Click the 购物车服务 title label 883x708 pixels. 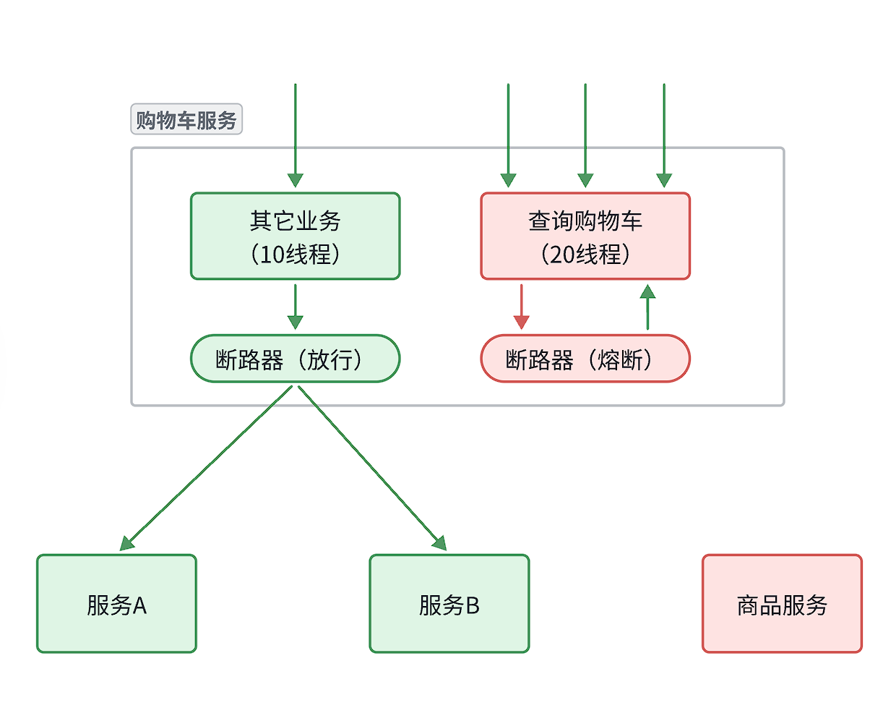tap(186, 120)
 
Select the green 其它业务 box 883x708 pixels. tap(295, 236)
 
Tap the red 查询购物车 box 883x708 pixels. tap(585, 236)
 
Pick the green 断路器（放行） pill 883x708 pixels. tap(295, 359)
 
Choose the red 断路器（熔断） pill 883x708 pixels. tap(585, 359)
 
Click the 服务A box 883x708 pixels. tap(116, 604)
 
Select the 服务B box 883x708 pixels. tap(449, 604)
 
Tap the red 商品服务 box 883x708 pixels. tap(782, 604)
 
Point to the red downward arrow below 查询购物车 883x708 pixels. tap(521, 307)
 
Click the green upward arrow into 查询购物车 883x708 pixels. tap(647, 307)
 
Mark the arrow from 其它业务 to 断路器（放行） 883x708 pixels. tap(295, 307)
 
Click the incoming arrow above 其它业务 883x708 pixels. tap(295, 134)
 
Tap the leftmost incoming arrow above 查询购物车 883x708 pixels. tap(508, 134)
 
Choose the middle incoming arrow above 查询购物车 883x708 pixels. tap(585, 134)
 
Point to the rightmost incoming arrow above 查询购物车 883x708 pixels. tap(664, 134)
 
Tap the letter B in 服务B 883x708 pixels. tap(472, 605)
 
